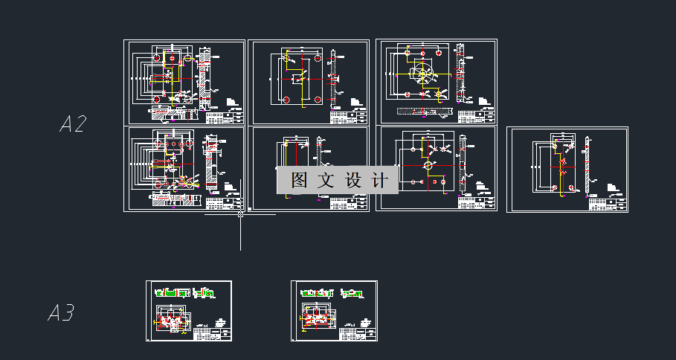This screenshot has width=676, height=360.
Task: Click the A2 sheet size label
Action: tap(74, 124)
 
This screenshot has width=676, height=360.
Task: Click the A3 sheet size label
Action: tap(61, 314)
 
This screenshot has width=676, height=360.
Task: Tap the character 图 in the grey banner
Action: tap(299, 180)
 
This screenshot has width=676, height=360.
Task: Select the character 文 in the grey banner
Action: tap(326, 180)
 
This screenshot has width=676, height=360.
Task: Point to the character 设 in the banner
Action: tap(353, 180)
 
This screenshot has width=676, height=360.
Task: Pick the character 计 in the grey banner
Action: tap(379, 180)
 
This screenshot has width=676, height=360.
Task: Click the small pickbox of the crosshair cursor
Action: tap(240, 214)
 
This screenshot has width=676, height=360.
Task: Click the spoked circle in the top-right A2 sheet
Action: tap(423, 75)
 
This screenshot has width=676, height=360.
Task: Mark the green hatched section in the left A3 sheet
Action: tap(172, 294)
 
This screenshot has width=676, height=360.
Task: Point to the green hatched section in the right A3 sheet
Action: tap(318, 294)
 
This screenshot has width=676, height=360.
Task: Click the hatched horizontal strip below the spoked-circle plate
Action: tap(425, 112)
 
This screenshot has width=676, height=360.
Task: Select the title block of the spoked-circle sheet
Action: tap(476, 117)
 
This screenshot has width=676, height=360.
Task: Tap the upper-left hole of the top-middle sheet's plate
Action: tap(286, 57)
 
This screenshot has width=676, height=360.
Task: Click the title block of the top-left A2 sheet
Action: tap(224, 117)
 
